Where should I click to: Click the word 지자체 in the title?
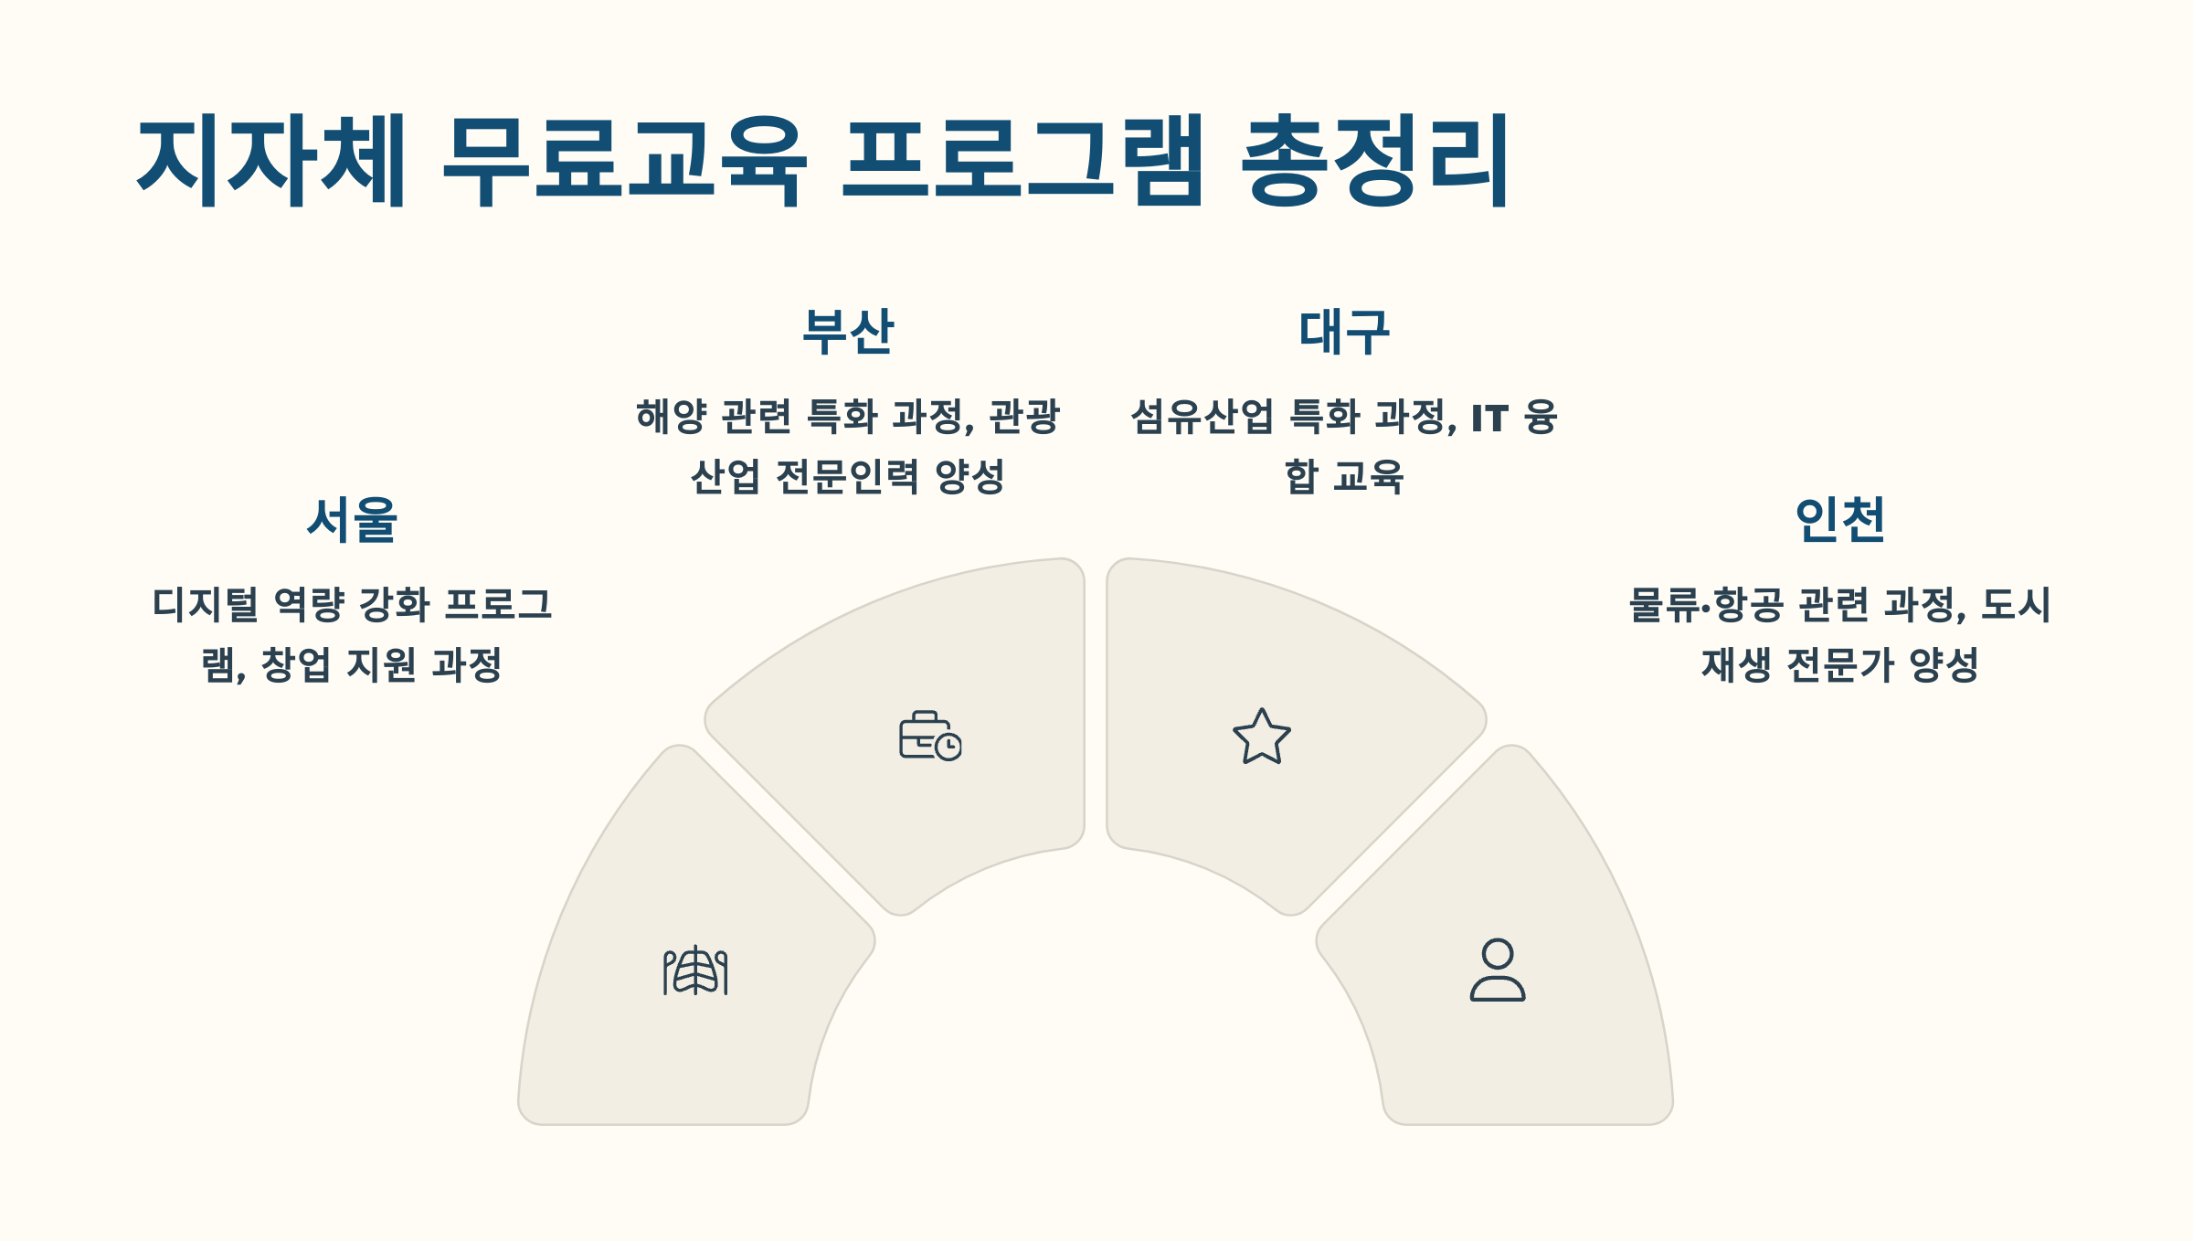click(x=270, y=161)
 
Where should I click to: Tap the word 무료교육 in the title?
click(x=625, y=161)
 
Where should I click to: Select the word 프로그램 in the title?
click(x=1022, y=161)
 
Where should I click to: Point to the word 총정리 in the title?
click(x=1375, y=161)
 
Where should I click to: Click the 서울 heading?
click(x=352, y=520)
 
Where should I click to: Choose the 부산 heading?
click(x=848, y=332)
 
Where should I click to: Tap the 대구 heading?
click(x=1344, y=332)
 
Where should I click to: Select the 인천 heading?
click(x=1839, y=520)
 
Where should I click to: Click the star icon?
click(x=1262, y=737)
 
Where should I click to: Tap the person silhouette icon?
click(x=1497, y=970)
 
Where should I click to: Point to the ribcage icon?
click(x=695, y=971)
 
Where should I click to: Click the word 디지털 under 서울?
click(x=206, y=605)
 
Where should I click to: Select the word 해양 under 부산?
click(x=672, y=417)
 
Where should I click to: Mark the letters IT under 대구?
click(x=1489, y=419)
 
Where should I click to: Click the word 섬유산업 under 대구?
click(x=1202, y=417)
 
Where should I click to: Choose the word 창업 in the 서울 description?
click(x=295, y=664)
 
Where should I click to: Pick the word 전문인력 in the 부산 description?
click(x=847, y=476)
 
